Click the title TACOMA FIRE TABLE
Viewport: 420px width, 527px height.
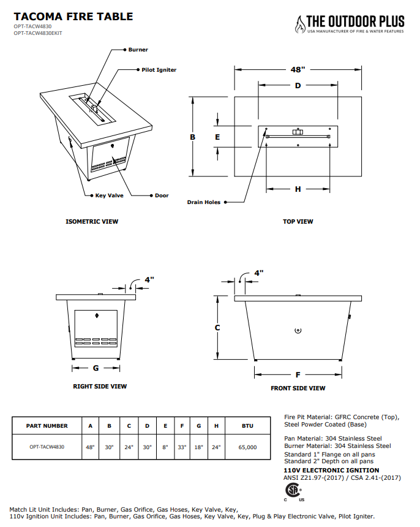click(73, 17)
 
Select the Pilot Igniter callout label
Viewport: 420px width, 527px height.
click(159, 70)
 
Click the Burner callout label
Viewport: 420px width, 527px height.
click(138, 50)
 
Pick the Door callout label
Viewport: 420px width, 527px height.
click(162, 195)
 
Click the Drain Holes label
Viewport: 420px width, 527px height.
click(203, 202)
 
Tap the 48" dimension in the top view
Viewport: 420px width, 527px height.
click(298, 69)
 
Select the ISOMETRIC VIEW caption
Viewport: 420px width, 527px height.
click(92, 221)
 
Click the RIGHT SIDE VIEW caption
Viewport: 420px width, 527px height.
click(100, 386)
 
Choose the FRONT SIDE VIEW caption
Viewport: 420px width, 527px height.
click(298, 388)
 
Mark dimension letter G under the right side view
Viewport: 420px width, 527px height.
click(96, 368)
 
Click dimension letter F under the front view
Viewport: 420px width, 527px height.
click(298, 374)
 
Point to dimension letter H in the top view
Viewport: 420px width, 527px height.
click(298, 189)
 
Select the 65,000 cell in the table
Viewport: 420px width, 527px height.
click(247, 447)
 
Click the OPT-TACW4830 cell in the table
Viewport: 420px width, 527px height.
click(47, 447)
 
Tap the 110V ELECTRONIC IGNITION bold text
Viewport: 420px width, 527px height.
click(322, 470)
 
